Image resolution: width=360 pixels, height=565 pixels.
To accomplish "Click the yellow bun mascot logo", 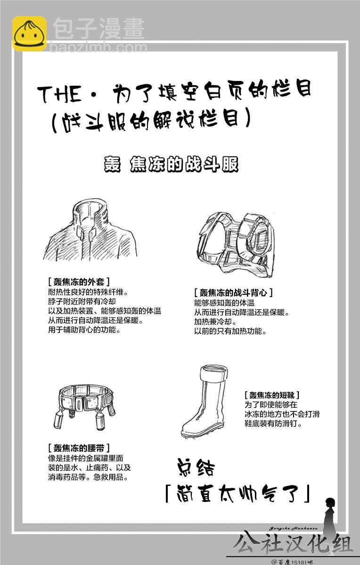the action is (30, 33).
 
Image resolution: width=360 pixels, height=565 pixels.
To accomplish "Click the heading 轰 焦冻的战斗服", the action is (171, 164).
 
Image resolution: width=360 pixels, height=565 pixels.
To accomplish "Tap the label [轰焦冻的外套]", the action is (79, 282).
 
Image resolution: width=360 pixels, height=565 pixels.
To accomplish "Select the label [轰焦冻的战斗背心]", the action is (233, 292).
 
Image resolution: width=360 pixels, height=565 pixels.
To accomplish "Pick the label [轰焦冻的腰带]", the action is (79, 448).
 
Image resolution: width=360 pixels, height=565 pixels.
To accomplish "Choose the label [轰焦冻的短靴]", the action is (271, 395).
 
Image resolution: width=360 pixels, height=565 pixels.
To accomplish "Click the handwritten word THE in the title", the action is (60, 93).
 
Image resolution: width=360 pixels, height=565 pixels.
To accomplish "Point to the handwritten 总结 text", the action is (196, 468).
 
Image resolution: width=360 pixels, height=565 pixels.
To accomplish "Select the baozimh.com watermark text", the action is (98, 48).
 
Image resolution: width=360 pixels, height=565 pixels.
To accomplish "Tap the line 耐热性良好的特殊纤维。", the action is (88, 292).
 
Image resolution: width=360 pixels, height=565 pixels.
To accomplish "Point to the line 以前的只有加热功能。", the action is (230, 331).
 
